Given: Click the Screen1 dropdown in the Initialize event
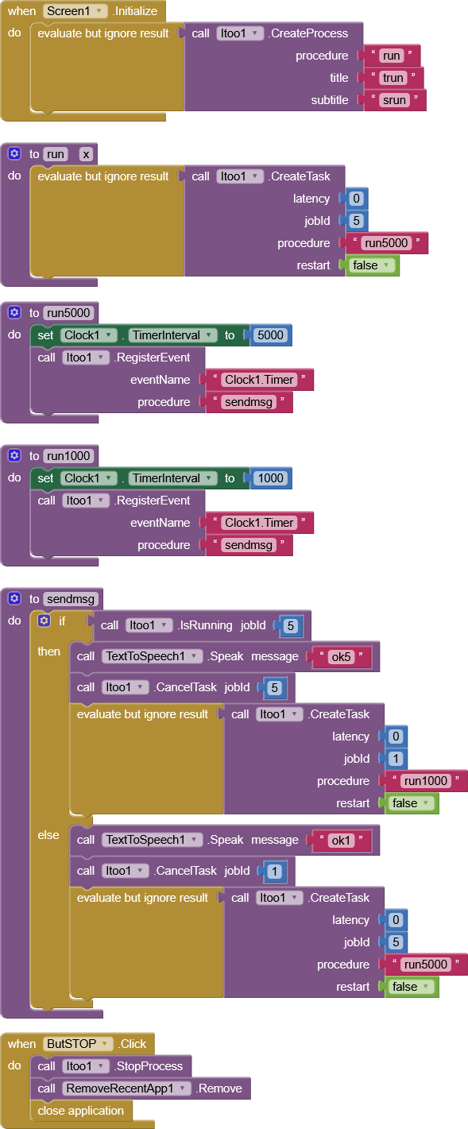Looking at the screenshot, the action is tap(75, 10).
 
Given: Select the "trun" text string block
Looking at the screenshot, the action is tap(393, 78).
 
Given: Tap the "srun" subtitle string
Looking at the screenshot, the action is tap(394, 100).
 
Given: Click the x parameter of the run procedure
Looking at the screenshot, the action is tap(87, 154).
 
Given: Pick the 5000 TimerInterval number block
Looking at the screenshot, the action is tap(271, 335).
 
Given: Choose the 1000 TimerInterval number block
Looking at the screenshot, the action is tap(271, 478).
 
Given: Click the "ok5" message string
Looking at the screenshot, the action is tap(341, 657).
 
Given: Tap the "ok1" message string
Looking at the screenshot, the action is tap(341, 841).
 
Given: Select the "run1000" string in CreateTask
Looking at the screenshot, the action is tap(426, 781).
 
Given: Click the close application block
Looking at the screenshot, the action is tap(81, 1111).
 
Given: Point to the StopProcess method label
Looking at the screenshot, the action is tap(149, 1066).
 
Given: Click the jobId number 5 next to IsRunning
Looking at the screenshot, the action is tap(291, 626).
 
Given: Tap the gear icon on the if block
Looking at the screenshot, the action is tap(44, 621).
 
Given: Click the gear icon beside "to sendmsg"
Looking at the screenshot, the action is tap(14, 598).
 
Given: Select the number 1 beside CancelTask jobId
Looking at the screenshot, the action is tap(274, 871).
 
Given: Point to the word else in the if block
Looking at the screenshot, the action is tap(48, 835).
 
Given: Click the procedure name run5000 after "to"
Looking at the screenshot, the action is tap(68, 313).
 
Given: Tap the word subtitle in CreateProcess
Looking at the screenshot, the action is tap(330, 100).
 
